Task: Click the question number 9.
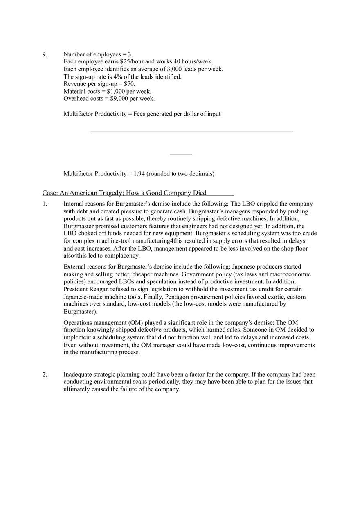tap(45, 54)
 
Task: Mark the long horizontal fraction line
tap(191, 131)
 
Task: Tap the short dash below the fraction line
tap(181, 155)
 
